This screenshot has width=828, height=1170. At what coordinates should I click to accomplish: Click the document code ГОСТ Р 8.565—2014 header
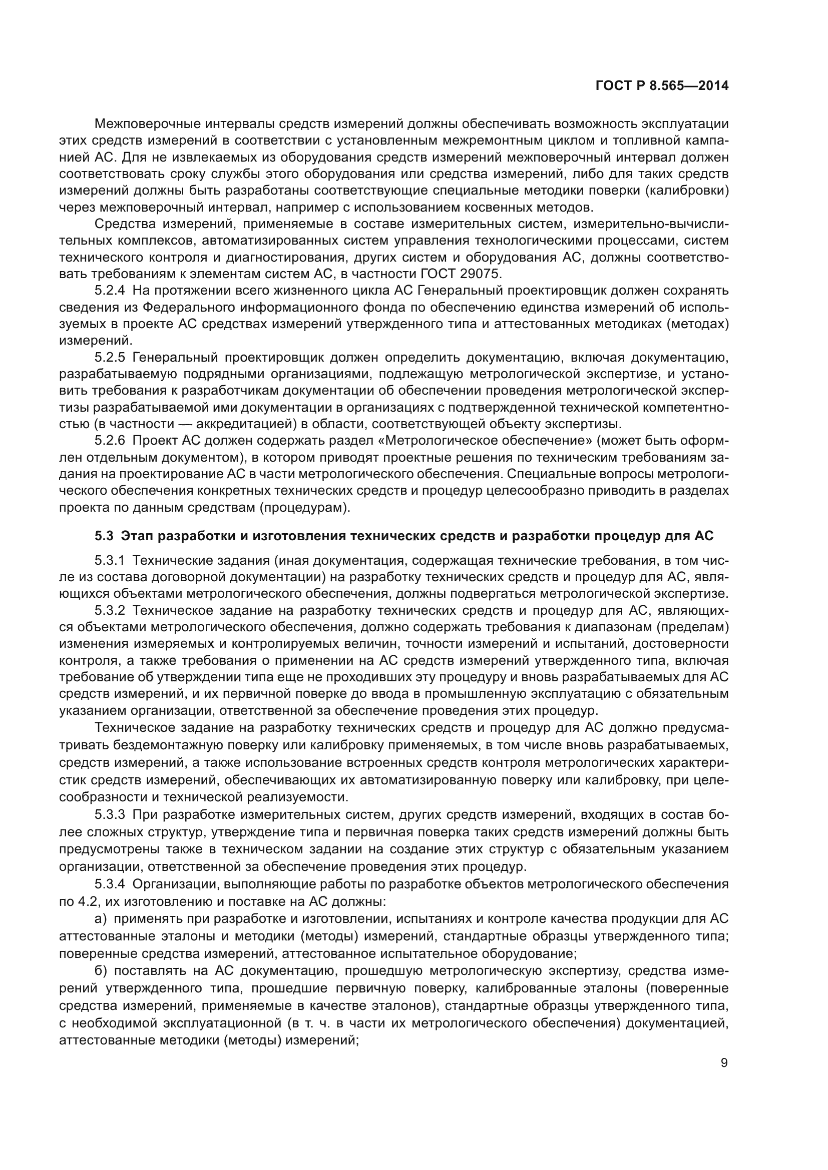coord(661,86)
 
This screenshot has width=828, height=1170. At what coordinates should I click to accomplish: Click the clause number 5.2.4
coord(110,291)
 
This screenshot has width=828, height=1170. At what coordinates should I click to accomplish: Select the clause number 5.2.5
coord(110,357)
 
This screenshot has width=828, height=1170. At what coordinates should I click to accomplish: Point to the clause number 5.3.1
coord(110,561)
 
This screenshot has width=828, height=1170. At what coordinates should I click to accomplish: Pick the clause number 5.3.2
coord(110,610)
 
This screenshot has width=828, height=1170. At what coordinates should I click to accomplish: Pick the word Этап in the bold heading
coord(140,536)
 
